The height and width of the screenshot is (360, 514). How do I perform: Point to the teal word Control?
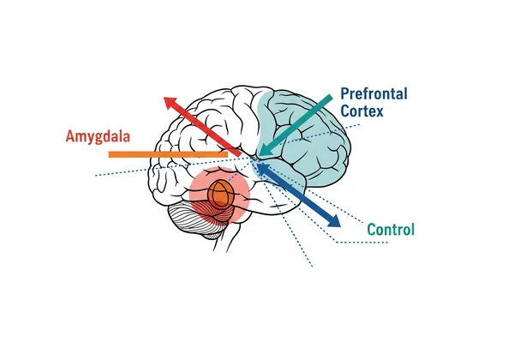(391, 230)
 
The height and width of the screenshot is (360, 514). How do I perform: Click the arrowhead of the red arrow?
(171, 102)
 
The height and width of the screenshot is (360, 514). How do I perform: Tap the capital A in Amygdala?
(70, 135)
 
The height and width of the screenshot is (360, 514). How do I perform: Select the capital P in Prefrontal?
(344, 93)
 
